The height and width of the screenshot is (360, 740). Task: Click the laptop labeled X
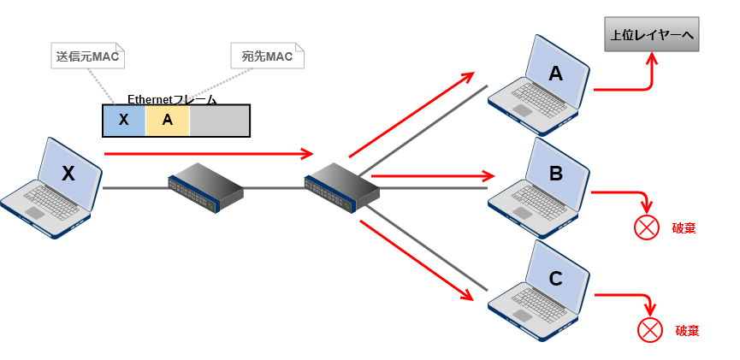(x=51, y=188)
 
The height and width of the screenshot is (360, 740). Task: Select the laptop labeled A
(x=538, y=85)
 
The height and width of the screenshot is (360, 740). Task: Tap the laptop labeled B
(x=538, y=188)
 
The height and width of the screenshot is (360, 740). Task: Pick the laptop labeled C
(x=538, y=291)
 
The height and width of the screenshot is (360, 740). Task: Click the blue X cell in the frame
(x=124, y=121)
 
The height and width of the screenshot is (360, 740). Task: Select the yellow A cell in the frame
(x=168, y=121)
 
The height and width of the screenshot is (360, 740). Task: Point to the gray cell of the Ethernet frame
(x=220, y=121)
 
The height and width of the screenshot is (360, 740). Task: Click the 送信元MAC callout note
(x=88, y=56)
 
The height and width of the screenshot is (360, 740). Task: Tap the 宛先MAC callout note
(x=267, y=56)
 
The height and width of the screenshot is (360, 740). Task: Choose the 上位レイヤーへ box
(x=652, y=34)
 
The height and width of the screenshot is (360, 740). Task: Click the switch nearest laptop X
(x=206, y=188)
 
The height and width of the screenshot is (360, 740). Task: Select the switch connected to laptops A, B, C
(x=342, y=188)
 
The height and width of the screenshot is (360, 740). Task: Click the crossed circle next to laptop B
(x=647, y=227)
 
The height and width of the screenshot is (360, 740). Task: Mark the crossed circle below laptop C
(x=650, y=330)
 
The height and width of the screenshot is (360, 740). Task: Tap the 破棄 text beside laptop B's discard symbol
(x=684, y=228)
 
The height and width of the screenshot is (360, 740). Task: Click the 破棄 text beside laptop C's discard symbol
(x=687, y=331)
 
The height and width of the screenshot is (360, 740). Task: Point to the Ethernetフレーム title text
(x=172, y=99)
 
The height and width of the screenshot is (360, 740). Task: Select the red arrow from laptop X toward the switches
(x=209, y=153)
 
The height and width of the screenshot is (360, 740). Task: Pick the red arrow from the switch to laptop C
(x=417, y=261)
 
